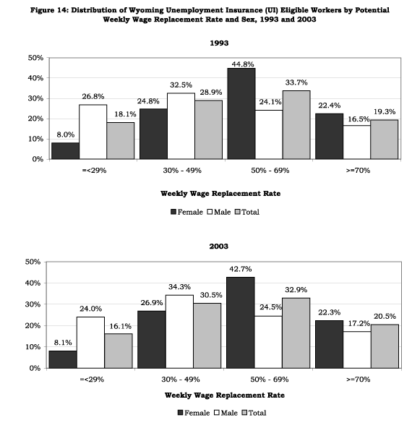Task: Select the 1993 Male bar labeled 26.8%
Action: coord(93,132)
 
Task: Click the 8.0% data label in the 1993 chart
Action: coord(65,134)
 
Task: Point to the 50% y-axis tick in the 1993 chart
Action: coord(34,57)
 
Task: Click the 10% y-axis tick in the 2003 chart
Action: coord(34,347)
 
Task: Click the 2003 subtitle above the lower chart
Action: coord(218,247)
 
